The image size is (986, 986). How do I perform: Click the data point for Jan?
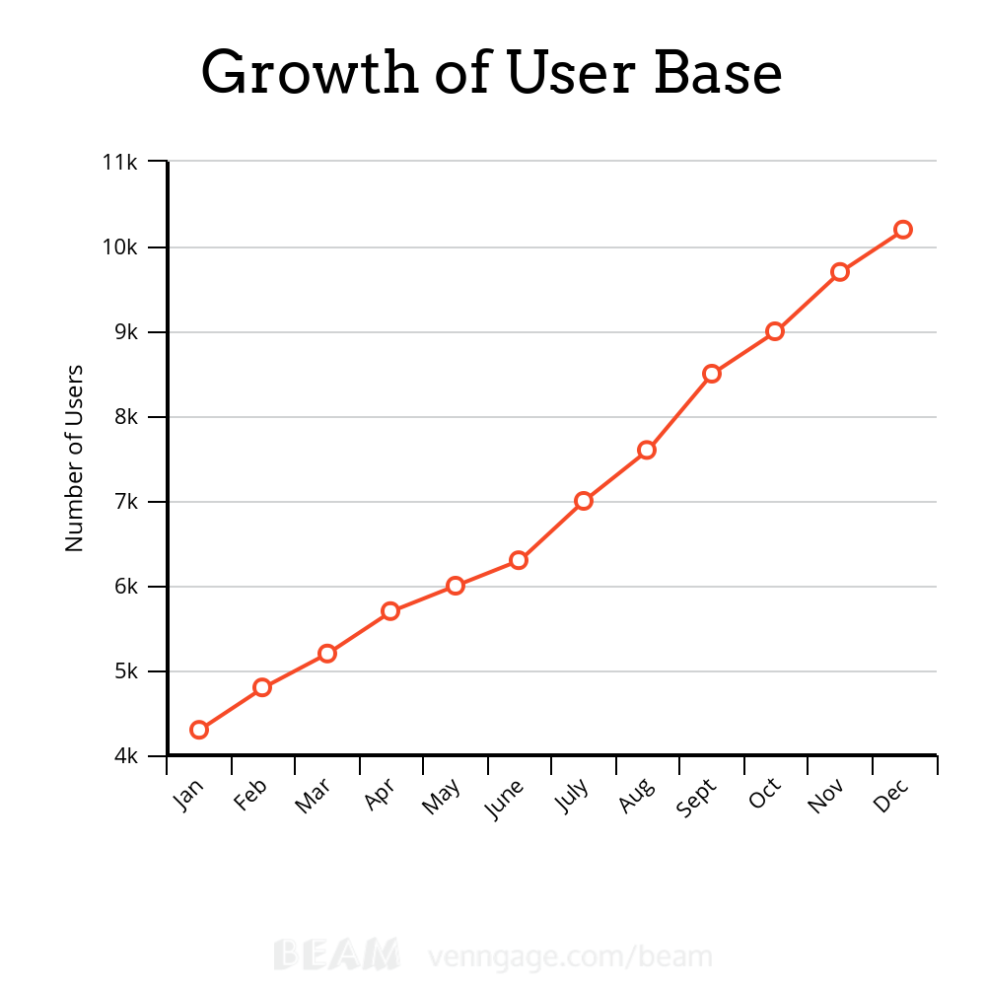199,730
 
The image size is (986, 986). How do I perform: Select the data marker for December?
902,229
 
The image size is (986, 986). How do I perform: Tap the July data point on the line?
584,501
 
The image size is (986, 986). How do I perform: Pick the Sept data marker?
712,374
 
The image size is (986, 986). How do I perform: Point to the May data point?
455,586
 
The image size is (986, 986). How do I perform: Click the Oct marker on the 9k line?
775,331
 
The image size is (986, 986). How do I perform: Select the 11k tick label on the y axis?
120,162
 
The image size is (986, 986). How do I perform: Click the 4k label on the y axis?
125,756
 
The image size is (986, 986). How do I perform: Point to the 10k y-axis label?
120,246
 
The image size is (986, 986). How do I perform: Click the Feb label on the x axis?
250,796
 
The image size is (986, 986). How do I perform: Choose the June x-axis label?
505,799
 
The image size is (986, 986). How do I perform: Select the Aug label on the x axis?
636,796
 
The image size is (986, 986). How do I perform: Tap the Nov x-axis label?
825,796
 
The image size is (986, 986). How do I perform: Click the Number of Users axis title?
75,458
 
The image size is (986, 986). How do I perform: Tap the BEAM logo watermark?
336,954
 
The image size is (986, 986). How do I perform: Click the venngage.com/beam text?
570,955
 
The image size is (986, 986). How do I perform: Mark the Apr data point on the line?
390,611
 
